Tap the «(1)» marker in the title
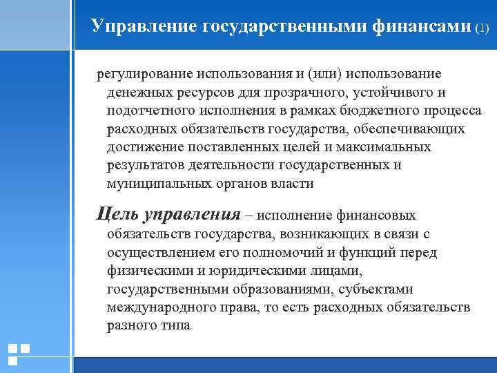pos(482,28)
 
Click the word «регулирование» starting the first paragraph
pos(143,73)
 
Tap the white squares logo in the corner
pos(19,354)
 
